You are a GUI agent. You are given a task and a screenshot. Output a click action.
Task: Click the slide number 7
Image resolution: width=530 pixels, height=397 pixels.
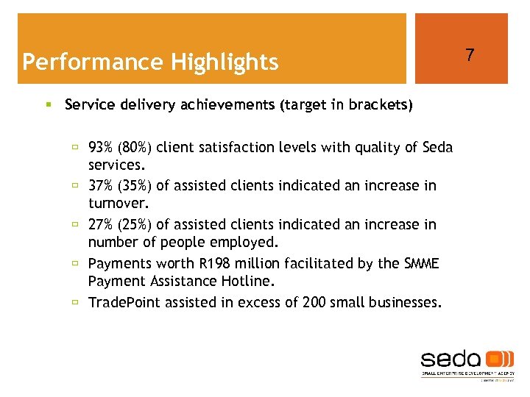pos(470,54)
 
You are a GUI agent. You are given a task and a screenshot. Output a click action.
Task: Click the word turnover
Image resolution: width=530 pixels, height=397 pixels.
pos(118,204)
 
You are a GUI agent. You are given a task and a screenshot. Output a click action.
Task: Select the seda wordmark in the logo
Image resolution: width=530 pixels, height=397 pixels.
pos(451,360)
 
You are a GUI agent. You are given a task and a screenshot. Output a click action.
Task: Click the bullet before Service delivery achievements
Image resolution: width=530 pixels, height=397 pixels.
pos(49,105)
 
